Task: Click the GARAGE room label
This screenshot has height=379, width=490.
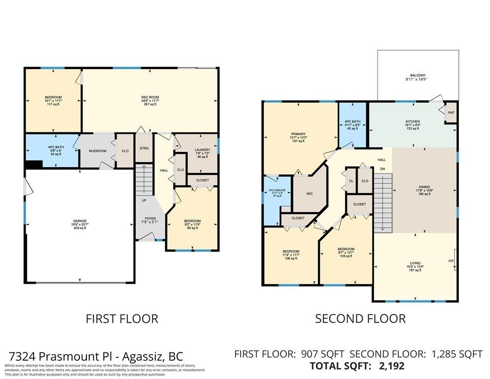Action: [80, 221]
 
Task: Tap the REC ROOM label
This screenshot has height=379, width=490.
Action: [150, 97]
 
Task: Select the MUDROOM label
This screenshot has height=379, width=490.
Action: [97, 151]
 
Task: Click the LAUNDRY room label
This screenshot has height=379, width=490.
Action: [202, 150]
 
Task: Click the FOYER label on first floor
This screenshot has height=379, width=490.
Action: [150, 219]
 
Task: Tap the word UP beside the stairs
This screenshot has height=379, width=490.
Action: [144, 201]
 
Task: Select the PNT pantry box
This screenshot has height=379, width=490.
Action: [451, 113]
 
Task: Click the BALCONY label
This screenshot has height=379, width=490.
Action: [417, 76]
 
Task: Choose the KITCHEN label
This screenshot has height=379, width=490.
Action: [413, 121]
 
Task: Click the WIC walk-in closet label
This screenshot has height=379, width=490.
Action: [309, 194]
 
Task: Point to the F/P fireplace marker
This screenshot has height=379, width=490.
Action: [451, 261]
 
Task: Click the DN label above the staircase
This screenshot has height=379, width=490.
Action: [382, 169]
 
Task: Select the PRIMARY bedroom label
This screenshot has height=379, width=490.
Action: [298, 134]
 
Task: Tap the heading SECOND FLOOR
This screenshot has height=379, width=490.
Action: [360, 319]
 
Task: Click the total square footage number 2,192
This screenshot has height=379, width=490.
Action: [391, 366]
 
